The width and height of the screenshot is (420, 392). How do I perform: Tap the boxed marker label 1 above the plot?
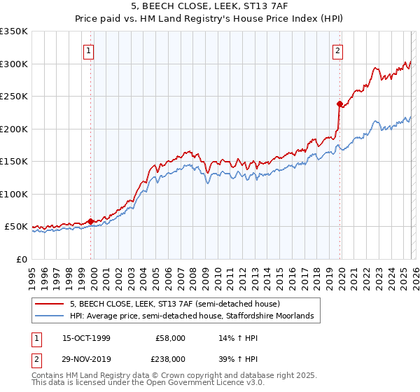tap(90, 50)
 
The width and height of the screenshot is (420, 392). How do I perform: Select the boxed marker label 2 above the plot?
tap(337, 50)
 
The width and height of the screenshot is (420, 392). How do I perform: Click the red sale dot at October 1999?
tap(91, 221)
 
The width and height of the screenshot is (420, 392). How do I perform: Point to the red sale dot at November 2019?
tap(339, 104)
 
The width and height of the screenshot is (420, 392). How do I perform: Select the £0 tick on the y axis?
tap(22, 259)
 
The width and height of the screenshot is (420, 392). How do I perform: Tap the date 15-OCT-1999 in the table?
tap(86, 338)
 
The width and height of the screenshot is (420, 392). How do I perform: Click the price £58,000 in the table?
tap(170, 338)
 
